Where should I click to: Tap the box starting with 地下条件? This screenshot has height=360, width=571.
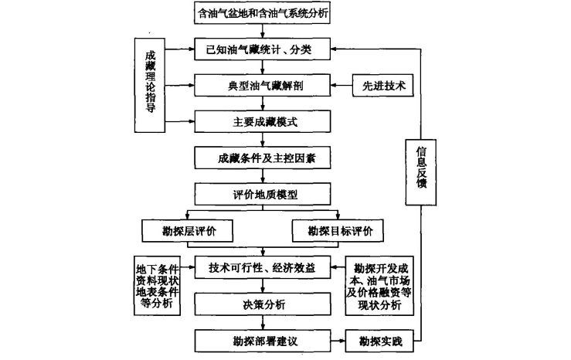(158, 284)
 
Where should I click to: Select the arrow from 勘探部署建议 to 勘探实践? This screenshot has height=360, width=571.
(342, 339)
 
